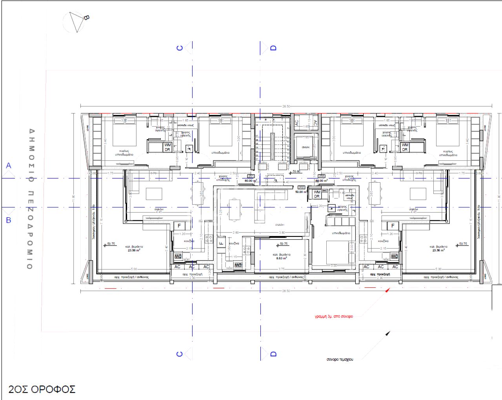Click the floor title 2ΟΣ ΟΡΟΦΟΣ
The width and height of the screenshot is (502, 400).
click(x=42, y=389)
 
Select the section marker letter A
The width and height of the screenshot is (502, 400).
click(x=9, y=166)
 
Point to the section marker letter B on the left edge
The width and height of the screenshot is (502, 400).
click(x=9, y=220)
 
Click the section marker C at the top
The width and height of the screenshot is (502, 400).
click(x=180, y=48)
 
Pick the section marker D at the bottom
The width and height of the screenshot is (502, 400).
click(x=273, y=354)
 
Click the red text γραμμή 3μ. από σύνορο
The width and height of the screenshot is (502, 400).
click(x=334, y=316)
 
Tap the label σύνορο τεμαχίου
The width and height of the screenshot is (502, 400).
click(x=340, y=359)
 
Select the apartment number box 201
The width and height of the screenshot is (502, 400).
click(x=251, y=176)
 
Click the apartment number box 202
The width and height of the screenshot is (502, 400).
click(x=301, y=187)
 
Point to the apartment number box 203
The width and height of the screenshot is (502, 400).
click(x=322, y=176)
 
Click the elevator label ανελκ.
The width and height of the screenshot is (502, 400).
click(x=306, y=147)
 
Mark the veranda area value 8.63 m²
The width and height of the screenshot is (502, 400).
click(x=282, y=258)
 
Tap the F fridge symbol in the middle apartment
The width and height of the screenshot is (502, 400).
click(x=220, y=243)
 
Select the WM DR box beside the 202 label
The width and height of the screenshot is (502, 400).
click(x=317, y=194)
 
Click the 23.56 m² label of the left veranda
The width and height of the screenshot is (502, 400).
click(x=134, y=250)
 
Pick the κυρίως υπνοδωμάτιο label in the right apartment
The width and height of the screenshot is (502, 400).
click(x=448, y=153)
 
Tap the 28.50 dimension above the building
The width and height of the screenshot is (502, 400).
click(x=286, y=106)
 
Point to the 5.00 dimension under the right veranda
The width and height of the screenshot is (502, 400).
click(x=438, y=269)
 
